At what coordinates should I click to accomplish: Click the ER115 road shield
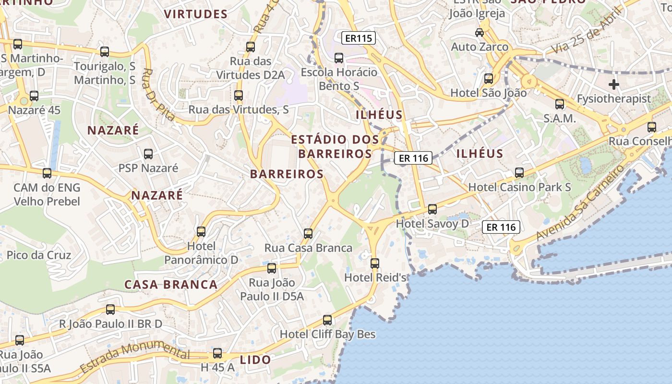point(359,38)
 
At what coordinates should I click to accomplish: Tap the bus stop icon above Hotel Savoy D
point(432,209)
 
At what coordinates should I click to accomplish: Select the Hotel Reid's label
point(375,277)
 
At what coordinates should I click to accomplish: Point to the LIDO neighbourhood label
point(255,360)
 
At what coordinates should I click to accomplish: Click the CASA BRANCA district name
point(171,284)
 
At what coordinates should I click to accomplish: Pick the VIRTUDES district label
point(196,14)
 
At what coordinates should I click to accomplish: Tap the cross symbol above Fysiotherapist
point(613,85)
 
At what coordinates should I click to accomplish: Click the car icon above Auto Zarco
point(480,33)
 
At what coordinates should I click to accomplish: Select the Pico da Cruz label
point(39,255)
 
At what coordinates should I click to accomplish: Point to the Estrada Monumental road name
point(135,355)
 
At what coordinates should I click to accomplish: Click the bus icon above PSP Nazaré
point(148,154)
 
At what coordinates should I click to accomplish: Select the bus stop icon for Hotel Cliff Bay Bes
point(327,320)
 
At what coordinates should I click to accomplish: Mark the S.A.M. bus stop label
point(560,118)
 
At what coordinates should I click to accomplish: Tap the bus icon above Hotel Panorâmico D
point(201,232)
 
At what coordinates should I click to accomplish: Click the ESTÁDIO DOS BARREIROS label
point(335,146)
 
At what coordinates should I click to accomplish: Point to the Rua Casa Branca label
point(309,248)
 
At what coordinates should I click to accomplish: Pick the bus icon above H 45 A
point(217,353)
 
